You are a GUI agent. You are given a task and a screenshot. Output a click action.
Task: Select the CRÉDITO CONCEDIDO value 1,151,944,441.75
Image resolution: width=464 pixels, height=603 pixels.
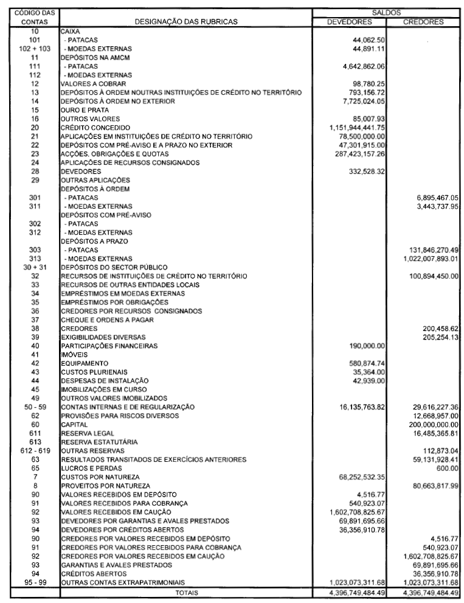tap(355, 127)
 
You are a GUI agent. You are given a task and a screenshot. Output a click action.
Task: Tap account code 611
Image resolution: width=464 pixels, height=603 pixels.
tap(34, 433)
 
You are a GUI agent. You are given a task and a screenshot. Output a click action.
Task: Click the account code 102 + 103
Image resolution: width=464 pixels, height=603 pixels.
tap(34, 48)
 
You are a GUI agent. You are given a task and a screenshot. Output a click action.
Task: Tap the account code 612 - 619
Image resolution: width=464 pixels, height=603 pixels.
tap(34, 450)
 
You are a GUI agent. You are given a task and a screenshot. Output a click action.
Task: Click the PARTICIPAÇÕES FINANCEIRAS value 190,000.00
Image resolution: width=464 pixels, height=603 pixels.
tap(365, 346)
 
